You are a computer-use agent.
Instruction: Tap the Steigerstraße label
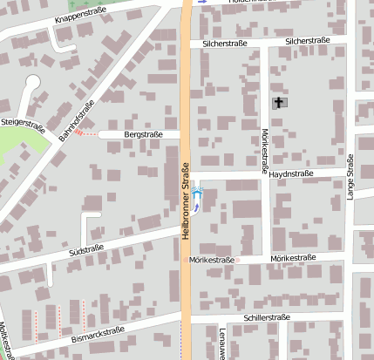click(x=23, y=124)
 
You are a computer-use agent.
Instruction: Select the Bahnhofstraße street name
click(x=77, y=122)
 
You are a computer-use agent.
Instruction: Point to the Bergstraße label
click(x=144, y=135)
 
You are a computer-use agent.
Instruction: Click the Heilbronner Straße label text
click(x=186, y=200)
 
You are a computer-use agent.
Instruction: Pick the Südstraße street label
click(x=85, y=250)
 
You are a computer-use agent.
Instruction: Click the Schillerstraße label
click(x=267, y=318)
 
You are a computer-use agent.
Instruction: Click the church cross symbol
click(x=279, y=103)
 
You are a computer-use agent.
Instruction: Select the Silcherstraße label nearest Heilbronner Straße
click(x=225, y=42)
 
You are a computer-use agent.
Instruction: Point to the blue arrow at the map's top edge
click(x=203, y=2)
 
